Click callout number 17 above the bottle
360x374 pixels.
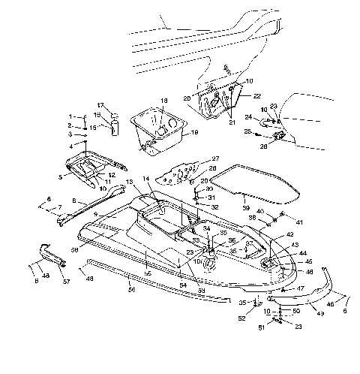100,104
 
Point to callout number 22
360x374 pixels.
256,95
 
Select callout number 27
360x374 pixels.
215,158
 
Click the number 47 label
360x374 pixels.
301,287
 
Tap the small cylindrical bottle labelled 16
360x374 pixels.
115,125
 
